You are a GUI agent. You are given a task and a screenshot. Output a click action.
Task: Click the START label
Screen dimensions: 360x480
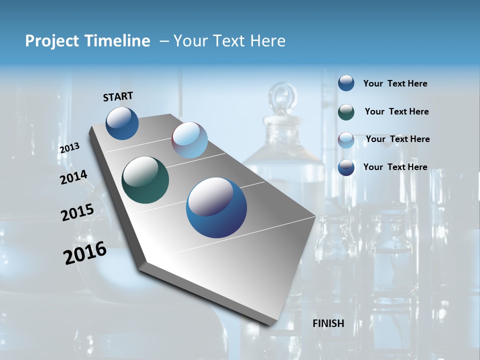coord(118,96)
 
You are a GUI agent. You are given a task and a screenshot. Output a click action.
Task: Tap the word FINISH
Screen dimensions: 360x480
coord(328,323)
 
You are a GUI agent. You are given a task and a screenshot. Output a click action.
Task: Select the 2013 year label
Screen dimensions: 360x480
coord(69,147)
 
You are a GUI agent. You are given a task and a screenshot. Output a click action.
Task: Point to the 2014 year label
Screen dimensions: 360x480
coord(73,177)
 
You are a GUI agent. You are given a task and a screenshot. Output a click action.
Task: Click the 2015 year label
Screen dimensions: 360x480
coord(77,212)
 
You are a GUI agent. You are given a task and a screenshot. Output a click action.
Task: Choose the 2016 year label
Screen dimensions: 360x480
coord(85,252)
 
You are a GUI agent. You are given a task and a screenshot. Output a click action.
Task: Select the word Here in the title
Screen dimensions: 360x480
coord(267,41)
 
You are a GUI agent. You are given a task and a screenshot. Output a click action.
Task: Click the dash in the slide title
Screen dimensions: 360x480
coord(163,41)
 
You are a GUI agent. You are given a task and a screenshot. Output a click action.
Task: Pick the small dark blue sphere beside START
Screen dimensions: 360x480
coord(122,123)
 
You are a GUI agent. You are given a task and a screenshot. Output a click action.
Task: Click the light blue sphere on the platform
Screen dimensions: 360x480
coord(189,140)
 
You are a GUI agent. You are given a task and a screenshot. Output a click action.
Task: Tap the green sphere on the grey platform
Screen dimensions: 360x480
coord(145,180)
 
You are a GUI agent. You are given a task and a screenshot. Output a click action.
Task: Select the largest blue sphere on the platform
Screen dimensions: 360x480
coord(216,207)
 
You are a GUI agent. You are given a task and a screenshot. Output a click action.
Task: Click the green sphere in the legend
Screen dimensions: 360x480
coord(346,112)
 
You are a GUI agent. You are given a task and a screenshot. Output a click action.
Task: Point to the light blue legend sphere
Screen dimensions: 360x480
coord(346,140)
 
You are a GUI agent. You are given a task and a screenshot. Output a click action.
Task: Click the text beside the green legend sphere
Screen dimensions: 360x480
coord(396,111)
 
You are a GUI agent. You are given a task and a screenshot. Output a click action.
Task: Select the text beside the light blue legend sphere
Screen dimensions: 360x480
coord(397,139)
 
